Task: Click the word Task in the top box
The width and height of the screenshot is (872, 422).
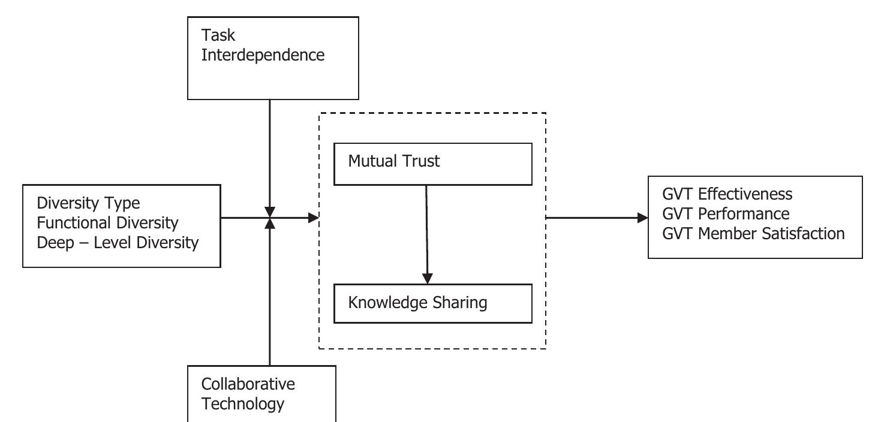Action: click(218, 35)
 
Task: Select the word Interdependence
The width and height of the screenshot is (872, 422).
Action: click(263, 55)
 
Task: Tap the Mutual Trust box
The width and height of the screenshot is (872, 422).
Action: click(432, 164)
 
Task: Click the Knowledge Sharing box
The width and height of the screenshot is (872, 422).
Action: click(432, 303)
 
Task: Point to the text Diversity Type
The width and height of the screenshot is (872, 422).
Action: click(88, 203)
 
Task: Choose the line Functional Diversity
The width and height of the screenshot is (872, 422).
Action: click(107, 223)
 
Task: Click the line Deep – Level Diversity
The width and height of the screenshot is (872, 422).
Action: click(118, 243)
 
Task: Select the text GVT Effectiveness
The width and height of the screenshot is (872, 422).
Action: click(727, 194)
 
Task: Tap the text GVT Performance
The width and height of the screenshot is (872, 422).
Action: click(726, 214)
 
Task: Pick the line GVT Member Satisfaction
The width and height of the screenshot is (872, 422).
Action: click(753, 233)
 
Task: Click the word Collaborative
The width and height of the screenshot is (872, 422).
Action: click(248, 384)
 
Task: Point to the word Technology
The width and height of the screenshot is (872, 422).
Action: click(242, 403)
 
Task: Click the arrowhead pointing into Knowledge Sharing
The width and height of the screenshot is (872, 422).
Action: click(427, 278)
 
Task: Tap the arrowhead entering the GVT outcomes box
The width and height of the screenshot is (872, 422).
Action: click(642, 218)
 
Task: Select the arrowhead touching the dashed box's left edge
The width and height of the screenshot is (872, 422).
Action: click(313, 218)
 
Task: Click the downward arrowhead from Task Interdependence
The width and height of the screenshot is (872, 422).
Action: click(270, 212)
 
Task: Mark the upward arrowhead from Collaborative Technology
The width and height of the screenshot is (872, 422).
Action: click(270, 224)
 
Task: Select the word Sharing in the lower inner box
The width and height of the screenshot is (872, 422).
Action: click(461, 302)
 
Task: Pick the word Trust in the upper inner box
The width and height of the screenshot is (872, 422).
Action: click(420, 161)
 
